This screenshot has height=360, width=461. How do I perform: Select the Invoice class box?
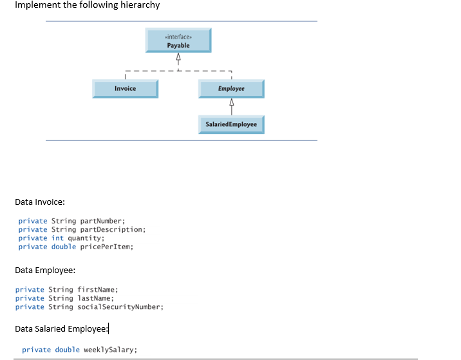(125, 88)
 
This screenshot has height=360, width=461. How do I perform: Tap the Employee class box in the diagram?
(230, 88)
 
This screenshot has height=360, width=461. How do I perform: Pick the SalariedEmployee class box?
(230, 124)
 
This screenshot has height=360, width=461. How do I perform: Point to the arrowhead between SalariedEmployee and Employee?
(230, 103)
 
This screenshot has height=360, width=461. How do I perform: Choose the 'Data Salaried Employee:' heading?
(61, 329)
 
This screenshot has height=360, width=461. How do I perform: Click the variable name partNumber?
(97, 221)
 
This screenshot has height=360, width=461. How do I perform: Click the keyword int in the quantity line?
(57, 238)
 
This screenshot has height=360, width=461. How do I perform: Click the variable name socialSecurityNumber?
(120, 307)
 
